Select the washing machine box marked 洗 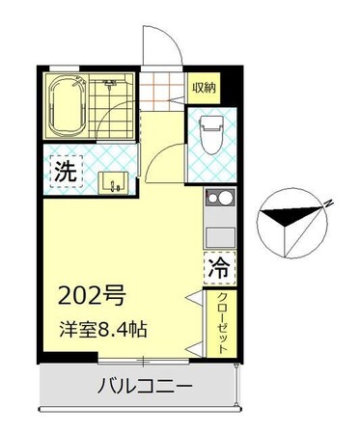64,174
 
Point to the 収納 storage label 203,89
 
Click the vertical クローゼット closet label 221,322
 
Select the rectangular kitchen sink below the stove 218,235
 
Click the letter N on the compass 328,203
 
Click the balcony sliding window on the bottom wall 143,362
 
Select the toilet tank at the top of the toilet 209,122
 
